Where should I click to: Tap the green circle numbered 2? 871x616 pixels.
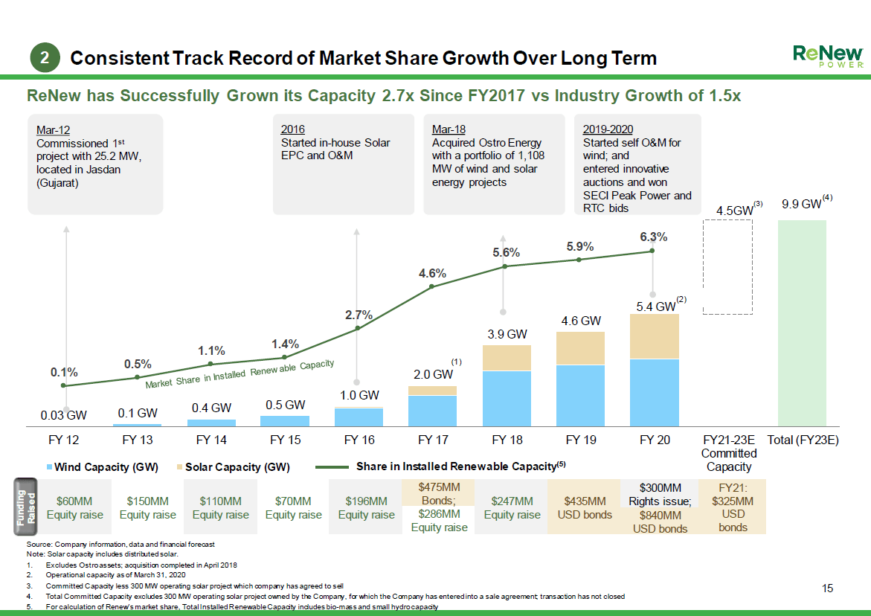[x=45, y=58]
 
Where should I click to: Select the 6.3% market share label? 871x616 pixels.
[x=653, y=237]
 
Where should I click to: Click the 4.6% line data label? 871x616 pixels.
[x=432, y=273]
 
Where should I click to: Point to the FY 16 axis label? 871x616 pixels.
[x=358, y=440]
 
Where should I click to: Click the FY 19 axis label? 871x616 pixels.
[x=580, y=440]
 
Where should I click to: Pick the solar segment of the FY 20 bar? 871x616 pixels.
[x=654, y=336]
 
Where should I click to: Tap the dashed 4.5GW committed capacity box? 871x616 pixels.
[x=728, y=268]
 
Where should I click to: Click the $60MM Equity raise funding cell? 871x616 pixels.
[x=75, y=507]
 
